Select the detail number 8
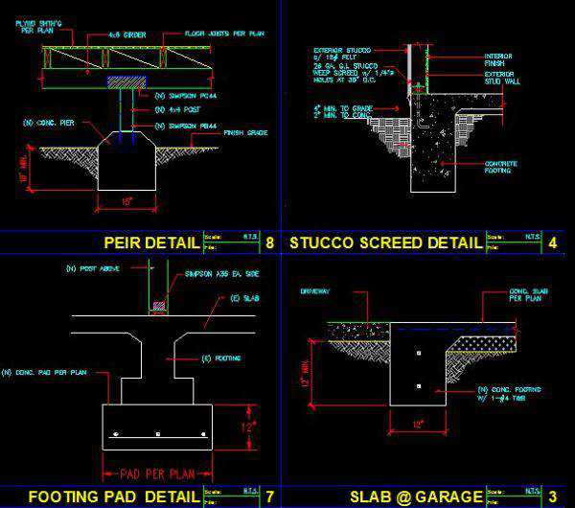pos(269,242)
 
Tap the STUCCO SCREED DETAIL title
pos(385,242)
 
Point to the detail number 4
pos(553,242)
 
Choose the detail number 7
pos(269,496)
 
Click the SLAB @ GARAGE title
pos(416,496)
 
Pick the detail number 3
pos(553,496)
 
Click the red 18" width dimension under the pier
pos(127,202)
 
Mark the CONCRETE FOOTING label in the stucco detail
pos(501,168)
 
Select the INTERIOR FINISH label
pos(500,60)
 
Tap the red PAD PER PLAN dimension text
pos(156,473)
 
